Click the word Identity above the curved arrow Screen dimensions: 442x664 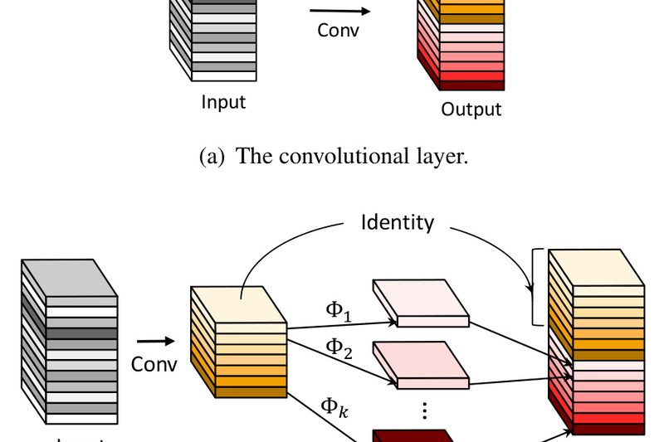click(397, 222)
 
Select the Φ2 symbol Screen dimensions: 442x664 click(337, 347)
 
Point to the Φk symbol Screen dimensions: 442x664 click(335, 406)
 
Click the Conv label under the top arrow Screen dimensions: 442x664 click(337, 31)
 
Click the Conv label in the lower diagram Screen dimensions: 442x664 click(154, 364)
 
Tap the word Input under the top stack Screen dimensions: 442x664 click(223, 103)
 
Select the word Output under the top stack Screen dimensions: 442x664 click(471, 109)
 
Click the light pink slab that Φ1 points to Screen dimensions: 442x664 click(420, 302)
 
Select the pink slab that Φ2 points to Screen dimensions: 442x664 click(420, 364)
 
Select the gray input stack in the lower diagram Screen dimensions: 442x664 click(70, 340)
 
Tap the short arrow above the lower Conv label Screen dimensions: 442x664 click(155, 340)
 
